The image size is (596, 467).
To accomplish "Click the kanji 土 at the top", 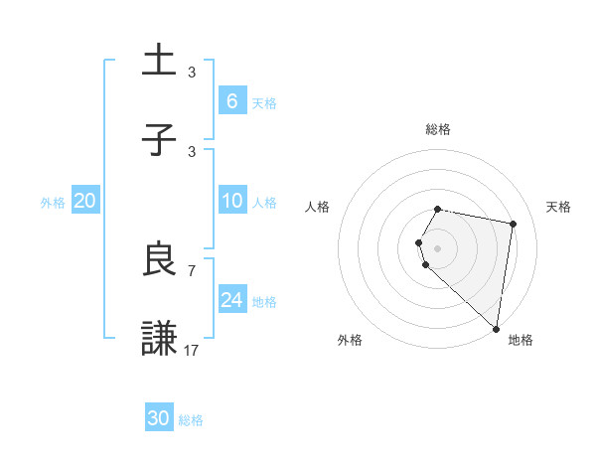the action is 160,61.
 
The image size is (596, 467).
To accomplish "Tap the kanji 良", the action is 160,259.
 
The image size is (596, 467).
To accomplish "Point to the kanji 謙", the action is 160,339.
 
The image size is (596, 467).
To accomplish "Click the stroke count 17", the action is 192,349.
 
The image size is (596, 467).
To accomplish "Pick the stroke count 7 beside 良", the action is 192,269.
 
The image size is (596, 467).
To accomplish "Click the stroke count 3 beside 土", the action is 192,72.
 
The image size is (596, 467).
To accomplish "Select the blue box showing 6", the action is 232,101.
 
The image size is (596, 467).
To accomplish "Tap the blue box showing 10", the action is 232,201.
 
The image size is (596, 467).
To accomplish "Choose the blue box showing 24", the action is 232,300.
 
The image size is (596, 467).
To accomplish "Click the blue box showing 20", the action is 85,201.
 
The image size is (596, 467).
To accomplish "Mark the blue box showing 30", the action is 159,418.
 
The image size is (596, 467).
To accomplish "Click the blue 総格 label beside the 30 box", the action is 191,420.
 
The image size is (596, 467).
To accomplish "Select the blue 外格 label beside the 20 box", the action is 53,203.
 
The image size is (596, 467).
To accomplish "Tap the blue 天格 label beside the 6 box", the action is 264,103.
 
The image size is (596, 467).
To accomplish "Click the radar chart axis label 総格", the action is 438,129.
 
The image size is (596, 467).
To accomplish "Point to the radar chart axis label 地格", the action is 521,340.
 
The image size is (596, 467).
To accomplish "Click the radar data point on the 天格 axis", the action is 513,225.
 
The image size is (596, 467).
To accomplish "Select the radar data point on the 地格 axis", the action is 496,328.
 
